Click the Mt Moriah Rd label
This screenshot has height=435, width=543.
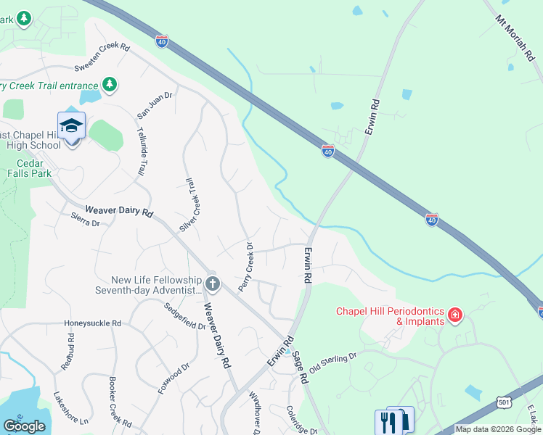[519, 39]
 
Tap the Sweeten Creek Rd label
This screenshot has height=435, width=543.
[102, 58]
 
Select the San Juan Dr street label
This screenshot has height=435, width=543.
[155, 104]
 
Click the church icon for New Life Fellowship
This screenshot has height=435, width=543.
[212, 283]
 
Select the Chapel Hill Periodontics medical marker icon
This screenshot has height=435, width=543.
[455, 315]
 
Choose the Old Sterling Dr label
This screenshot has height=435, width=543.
[334, 362]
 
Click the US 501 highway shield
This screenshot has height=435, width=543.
[505, 402]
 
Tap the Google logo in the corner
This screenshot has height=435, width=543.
[24, 426]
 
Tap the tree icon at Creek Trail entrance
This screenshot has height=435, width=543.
[110, 85]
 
